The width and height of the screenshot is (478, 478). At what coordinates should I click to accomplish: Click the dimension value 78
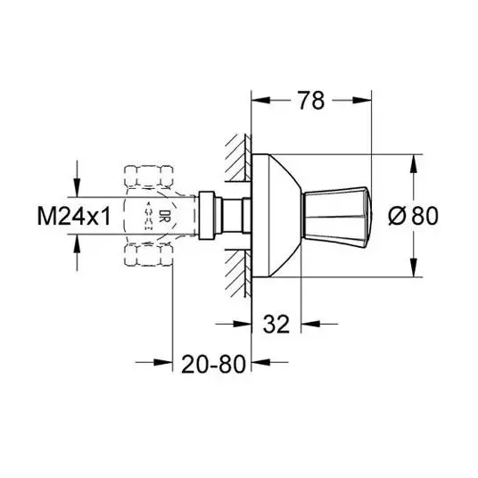point(311,101)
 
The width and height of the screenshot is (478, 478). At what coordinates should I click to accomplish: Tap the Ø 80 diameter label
point(414,216)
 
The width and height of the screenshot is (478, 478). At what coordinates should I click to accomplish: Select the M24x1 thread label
point(73,216)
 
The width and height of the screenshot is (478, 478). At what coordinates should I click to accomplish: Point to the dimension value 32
point(276,324)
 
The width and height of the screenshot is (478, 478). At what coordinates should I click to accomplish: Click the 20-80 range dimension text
point(213,364)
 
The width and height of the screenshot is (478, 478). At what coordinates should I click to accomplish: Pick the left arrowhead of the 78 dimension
point(260,100)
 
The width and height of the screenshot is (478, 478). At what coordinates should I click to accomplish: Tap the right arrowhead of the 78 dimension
point(362,100)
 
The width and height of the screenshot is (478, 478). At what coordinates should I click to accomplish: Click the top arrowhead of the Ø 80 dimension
point(414,164)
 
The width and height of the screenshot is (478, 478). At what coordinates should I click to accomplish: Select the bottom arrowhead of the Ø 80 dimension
point(414,268)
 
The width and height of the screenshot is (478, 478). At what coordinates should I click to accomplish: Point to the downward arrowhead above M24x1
point(77,187)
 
